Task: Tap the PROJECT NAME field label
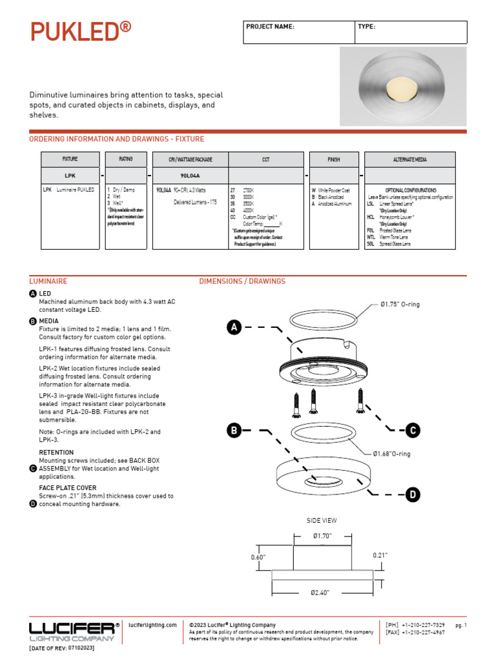coord(269,27)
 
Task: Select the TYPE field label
coord(367,27)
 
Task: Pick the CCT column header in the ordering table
coord(265,159)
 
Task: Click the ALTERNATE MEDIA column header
coord(410,159)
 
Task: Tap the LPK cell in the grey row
coord(69,175)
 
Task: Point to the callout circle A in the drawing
coord(235,328)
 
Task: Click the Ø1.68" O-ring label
coord(391,454)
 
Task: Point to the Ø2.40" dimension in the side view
coord(320,593)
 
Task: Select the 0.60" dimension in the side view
coord(259,556)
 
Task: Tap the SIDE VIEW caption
coord(321,520)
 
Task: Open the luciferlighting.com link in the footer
coord(153,625)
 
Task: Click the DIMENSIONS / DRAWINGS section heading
coord(242,281)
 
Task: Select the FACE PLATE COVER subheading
coord(68,488)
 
